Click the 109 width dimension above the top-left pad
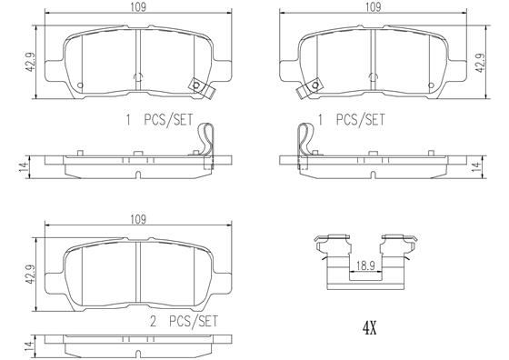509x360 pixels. pos(138,6)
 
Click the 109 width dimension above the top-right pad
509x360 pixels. pos(373,6)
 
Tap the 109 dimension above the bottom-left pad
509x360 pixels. pos(138,219)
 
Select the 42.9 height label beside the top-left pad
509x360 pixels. pos(31,62)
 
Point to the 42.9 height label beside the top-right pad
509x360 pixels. pos(481,62)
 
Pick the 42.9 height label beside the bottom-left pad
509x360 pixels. pos(31,275)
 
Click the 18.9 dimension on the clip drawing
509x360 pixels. pos(365,266)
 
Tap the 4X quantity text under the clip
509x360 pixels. pos(369,329)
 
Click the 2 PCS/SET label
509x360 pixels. pos(184,322)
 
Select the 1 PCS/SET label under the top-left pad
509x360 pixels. pos(159,120)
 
